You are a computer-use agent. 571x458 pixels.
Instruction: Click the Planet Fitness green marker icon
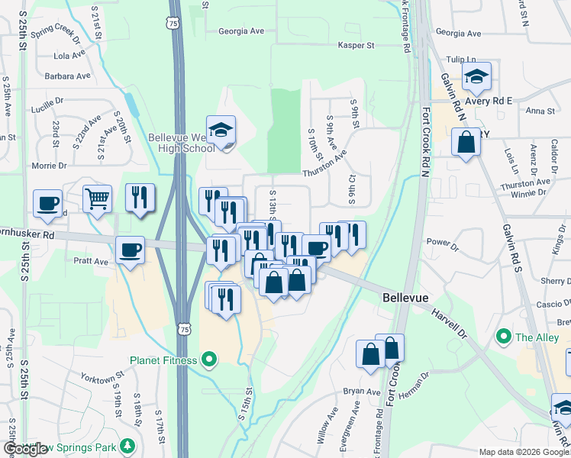[209, 360]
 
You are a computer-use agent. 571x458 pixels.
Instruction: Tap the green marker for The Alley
[503, 336]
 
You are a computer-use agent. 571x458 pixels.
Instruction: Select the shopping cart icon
[97, 199]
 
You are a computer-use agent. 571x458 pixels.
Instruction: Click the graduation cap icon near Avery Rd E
[476, 76]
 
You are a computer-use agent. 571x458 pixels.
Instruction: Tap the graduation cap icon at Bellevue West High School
[221, 131]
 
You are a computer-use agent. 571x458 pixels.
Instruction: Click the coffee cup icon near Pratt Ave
[129, 250]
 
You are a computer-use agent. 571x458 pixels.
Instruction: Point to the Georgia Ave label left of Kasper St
[240, 31]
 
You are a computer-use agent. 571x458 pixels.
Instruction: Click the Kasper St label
[356, 46]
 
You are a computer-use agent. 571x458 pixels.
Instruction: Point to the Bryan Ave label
[361, 392]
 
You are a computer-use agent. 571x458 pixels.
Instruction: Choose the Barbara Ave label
[68, 76]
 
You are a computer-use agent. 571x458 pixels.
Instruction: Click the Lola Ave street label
[69, 56]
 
